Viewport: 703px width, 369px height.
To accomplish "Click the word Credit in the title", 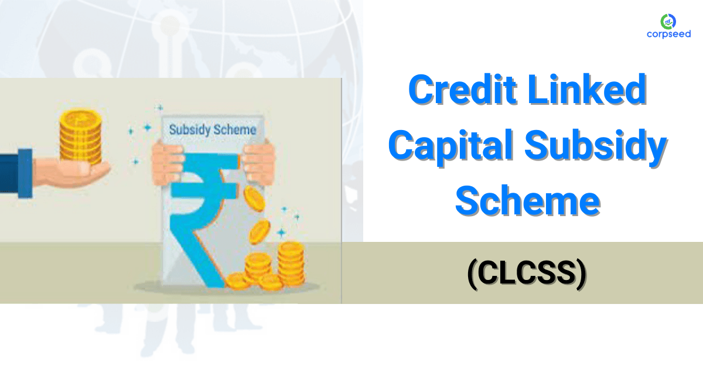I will (459, 90).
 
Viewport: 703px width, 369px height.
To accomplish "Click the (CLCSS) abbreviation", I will (526, 274).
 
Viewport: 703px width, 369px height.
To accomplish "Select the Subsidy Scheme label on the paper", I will (212, 129).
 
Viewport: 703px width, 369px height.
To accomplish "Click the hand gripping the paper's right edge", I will (258, 162).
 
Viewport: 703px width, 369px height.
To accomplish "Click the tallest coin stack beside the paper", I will (291, 264).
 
